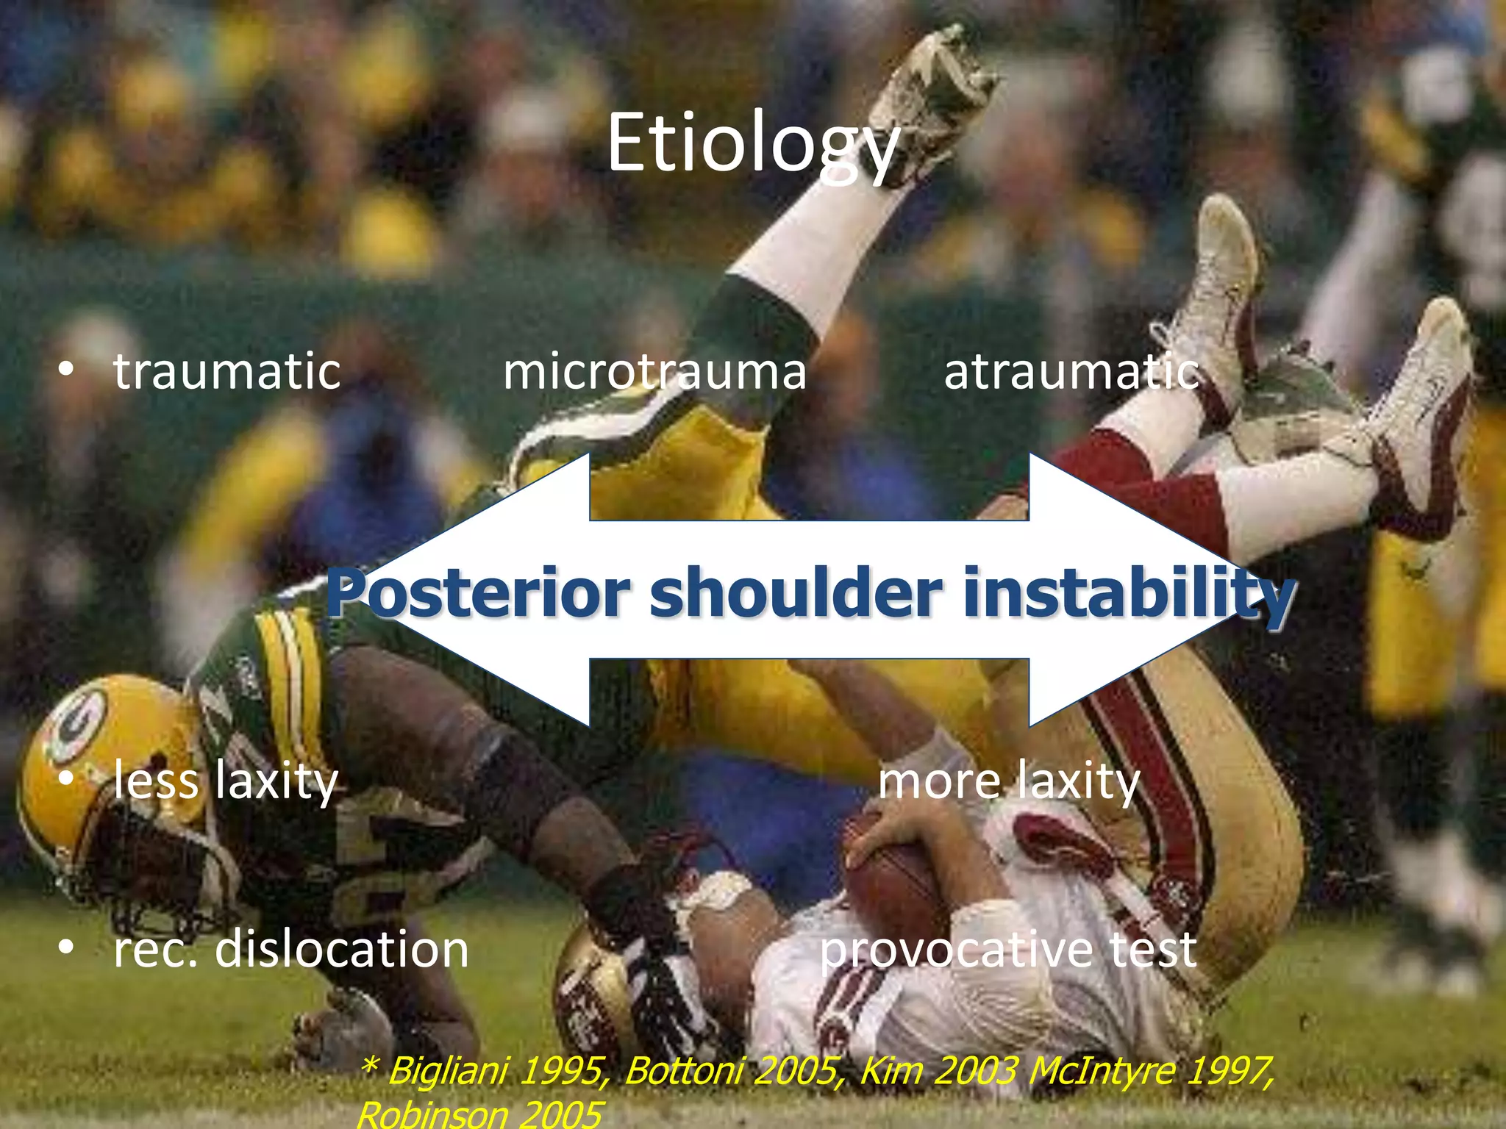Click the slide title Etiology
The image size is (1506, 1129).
pos(752,143)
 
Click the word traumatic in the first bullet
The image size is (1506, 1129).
pos(226,370)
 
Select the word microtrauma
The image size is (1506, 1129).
pos(654,370)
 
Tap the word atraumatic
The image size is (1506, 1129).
pos(1071,370)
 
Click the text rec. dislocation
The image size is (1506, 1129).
pos(290,948)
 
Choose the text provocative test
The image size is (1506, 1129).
pos(1008,948)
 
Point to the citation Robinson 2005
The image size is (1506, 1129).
pos(479,1114)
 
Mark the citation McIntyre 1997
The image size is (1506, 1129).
pos(1151,1070)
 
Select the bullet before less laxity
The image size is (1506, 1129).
pos(66,780)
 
